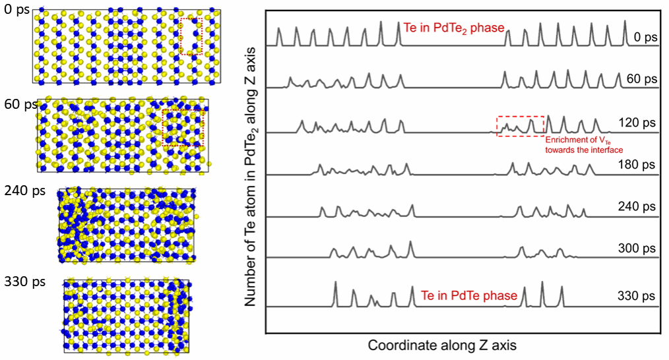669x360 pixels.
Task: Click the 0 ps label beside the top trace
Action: coord(644,38)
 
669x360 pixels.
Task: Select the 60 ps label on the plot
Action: coord(641,79)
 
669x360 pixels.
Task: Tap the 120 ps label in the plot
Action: coord(637,123)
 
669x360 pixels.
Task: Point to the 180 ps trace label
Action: coord(637,164)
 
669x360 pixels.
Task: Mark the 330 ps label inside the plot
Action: coord(637,295)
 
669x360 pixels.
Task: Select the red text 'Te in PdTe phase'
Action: coord(469,295)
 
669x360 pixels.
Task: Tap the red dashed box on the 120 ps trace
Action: coord(520,126)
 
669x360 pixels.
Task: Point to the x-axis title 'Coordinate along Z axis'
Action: coord(442,345)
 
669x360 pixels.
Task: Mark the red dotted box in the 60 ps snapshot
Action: coord(183,127)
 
